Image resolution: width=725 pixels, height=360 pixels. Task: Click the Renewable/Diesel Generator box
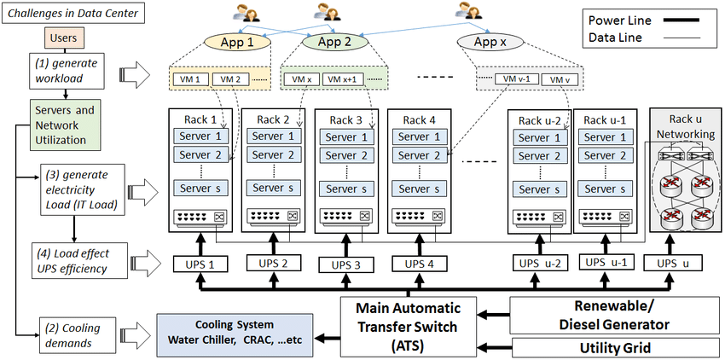coord(605,315)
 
